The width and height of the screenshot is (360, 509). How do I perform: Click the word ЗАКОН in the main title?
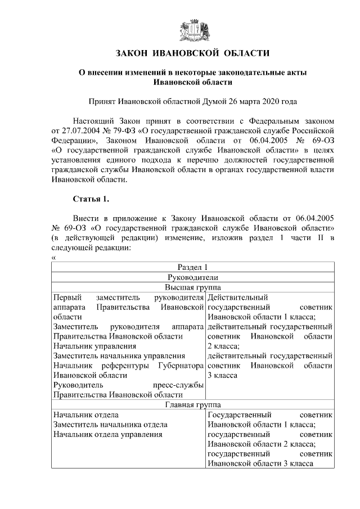(132, 53)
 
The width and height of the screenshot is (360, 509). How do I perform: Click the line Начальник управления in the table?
(94, 346)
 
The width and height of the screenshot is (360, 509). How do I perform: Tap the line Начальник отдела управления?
(107, 434)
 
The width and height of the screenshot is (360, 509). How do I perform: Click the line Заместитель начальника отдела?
(110, 425)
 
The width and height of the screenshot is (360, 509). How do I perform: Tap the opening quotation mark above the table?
(53, 258)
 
